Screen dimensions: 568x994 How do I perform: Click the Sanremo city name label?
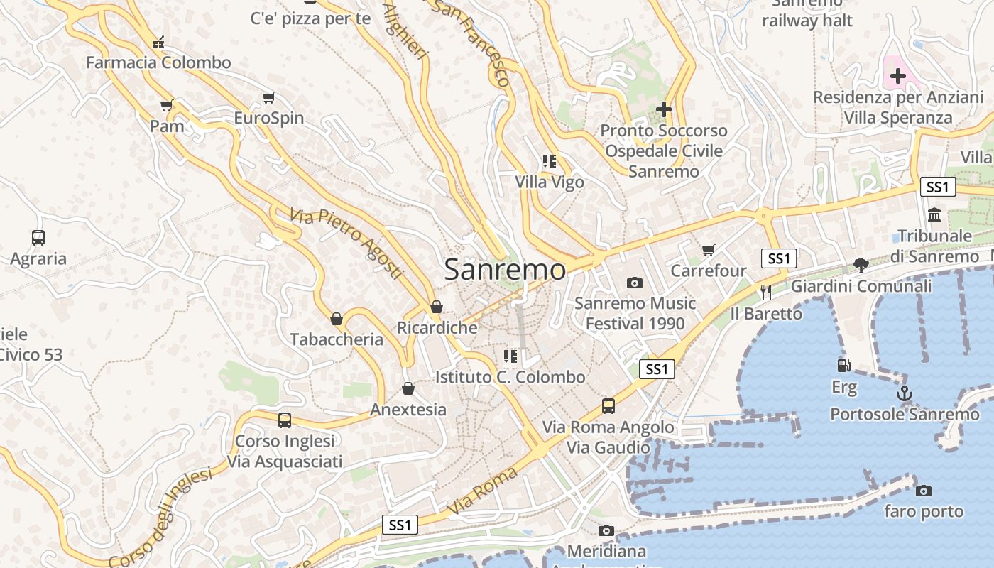tap(506, 270)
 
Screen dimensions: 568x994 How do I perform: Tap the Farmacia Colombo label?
tap(158, 62)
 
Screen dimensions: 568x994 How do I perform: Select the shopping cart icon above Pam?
tap(167, 106)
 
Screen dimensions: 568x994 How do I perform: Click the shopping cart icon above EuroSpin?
tap(268, 98)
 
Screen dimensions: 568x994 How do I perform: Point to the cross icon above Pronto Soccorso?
tap(664, 109)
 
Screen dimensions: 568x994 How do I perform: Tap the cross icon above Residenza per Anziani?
tap(898, 76)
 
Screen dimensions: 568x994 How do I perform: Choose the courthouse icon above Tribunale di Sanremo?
tap(934, 214)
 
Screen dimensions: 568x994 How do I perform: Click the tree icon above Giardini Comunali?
tap(861, 266)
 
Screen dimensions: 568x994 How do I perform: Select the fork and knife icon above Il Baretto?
tap(765, 292)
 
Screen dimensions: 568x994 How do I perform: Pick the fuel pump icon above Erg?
tap(843, 366)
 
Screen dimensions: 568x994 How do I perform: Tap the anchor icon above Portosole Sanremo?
tap(905, 393)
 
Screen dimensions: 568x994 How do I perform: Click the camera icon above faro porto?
tap(924, 491)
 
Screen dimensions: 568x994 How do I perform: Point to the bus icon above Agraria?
tap(38, 238)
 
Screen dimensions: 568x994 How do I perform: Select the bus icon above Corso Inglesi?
tap(285, 420)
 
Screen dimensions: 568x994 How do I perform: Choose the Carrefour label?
tap(709, 271)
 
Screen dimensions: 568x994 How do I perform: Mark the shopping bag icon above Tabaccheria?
tap(337, 319)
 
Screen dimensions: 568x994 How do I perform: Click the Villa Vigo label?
tap(550, 182)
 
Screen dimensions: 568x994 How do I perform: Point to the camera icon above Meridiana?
tap(606, 530)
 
